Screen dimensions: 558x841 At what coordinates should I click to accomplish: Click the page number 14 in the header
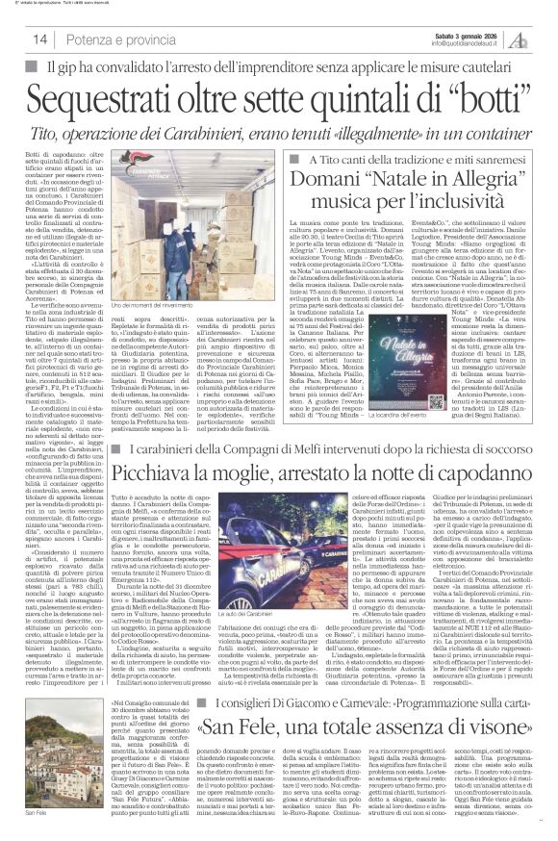tap(40, 38)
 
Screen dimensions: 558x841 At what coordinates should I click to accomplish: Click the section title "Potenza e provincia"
tap(120, 38)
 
